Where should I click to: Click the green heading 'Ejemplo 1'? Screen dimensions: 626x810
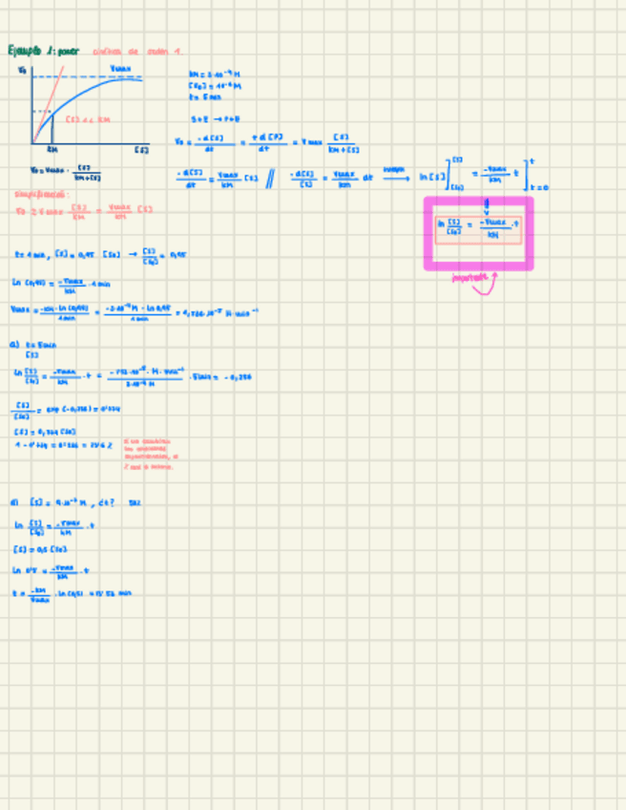[x=43, y=51]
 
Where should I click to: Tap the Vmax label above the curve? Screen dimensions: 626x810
[x=120, y=69]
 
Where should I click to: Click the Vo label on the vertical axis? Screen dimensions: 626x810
[x=22, y=71]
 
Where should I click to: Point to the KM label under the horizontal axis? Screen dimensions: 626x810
[x=53, y=150]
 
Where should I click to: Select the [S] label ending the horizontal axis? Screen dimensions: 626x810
[x=141, y=150]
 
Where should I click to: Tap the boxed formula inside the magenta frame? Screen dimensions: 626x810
[x=478, y=228]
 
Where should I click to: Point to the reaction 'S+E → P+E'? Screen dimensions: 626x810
[x=207, y=119]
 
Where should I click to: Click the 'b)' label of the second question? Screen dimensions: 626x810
[x=15, y=502]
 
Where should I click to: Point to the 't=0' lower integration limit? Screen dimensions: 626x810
[x=538, y=187]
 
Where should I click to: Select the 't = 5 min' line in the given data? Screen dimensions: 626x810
[x=205, y=96]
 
